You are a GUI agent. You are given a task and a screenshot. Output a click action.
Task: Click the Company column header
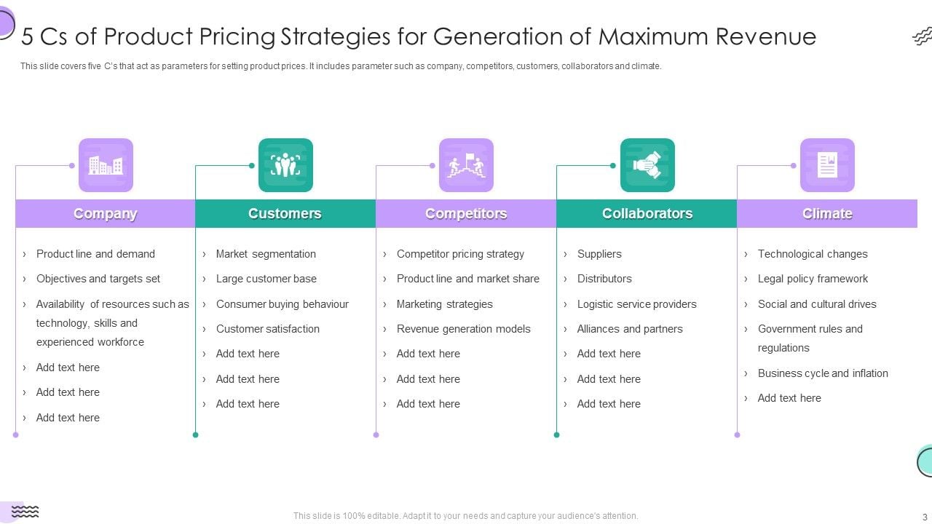click(105, 214)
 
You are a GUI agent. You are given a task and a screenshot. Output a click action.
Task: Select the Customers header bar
click(285, 214)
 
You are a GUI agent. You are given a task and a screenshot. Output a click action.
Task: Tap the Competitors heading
click(465, 214)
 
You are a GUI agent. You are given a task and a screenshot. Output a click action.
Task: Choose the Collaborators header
click(647, 214)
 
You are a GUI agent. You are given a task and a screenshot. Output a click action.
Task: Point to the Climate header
click(827, 214)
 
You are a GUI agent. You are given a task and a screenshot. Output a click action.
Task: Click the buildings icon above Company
click(106, 165)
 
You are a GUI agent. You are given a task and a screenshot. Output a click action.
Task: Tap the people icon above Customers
click(285, 165)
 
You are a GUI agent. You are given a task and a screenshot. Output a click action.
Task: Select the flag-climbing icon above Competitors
click(466, 165)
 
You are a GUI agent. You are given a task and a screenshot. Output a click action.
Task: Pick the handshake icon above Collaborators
click(647, 165)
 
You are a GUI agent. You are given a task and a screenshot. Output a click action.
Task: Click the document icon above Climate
click(827, 165)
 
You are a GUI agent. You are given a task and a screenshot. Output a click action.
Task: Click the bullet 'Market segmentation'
click(266, 254)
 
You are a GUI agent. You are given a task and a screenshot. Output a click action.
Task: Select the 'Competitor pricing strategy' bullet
click(460, 254)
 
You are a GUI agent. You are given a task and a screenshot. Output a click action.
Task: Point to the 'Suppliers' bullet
click(599, 254)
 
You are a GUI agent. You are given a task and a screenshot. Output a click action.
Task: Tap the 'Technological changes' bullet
click(813, 254)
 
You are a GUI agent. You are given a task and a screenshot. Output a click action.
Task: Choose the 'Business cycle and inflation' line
click(823, 373)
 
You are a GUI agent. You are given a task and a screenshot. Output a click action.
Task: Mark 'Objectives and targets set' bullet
click(98, 279)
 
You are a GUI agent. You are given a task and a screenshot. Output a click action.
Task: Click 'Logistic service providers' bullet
click(636, 304)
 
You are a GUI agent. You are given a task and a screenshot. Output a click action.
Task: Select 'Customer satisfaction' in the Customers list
click(267, 329)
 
